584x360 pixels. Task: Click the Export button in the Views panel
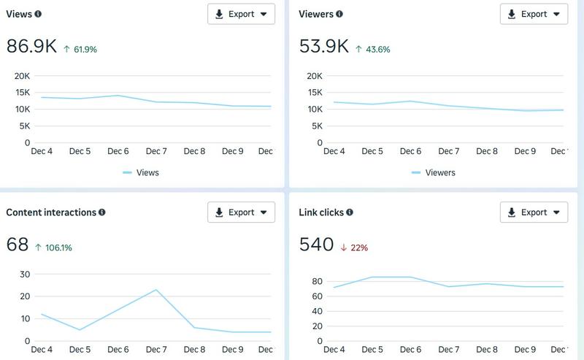click(x=242, y=14)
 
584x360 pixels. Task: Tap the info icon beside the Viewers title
click(x=339, y=14)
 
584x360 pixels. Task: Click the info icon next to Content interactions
click(x=101, y=212)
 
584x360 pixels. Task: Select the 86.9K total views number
click(x=31, y=47)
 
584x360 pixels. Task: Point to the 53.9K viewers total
click(x=324, y=47)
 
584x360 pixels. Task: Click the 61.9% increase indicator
click(x=80, y=49)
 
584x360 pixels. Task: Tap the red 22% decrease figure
click(x=354, y=248)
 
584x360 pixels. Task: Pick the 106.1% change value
click(x=53, y=248)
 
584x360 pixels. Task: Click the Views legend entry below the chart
click(x=141, y=172)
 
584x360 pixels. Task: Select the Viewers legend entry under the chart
click(x=434, y=172)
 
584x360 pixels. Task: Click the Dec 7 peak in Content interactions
click(x=156, y=290)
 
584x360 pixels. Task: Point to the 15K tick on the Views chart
click(x=23, y=93)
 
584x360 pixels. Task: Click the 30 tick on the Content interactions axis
click(x=25, y=275)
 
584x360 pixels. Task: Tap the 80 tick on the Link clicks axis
click(x=318, y=281)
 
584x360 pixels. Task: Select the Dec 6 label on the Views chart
click(x=118, y=151)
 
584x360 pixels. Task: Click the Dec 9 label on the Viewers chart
click(x=525, y=151)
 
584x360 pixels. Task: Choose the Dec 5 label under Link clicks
click(x=372, y=350)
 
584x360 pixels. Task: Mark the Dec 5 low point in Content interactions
click(x=80, y=330)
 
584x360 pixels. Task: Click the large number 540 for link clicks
click(x=316, y=245)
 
